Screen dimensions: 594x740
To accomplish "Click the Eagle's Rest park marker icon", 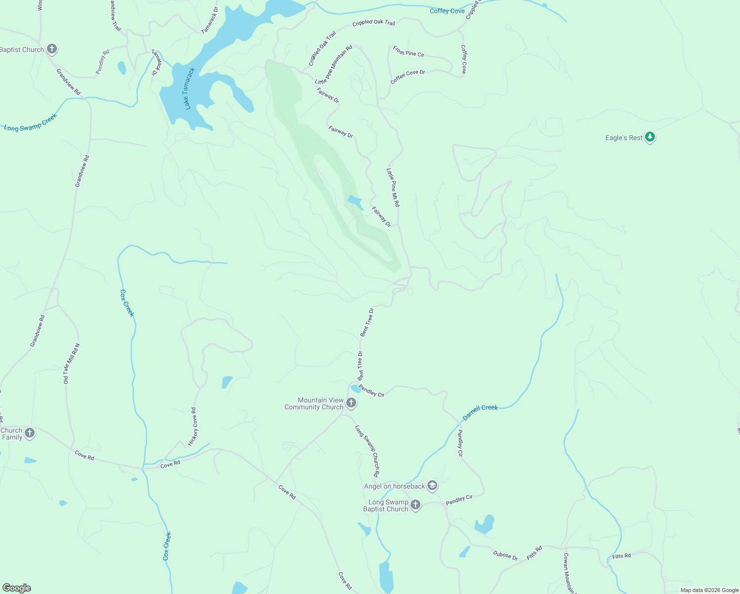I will (x=650, y=137).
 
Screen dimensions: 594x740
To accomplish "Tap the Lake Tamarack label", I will (x=188, y=89).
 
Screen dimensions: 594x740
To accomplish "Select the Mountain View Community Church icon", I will (x=351, y=403).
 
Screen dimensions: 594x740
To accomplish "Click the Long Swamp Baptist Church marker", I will (x=416, y=505).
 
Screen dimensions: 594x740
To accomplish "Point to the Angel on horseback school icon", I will (x=432, y=486).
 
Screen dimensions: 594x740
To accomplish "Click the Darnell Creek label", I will (x=480, y=411).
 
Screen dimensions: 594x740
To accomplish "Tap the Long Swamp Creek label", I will (x=31, y=122).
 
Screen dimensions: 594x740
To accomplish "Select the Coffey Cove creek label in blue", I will (x=447, y=11).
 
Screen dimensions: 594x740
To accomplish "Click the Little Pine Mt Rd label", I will (x=393, y=187).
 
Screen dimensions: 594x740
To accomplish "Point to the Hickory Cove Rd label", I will (x=193, y=426).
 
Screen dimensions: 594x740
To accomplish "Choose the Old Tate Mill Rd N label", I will (x=71, y=364).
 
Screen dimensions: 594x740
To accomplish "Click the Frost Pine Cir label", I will (x=409, y=51).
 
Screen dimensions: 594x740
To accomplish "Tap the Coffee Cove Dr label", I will (x=408, y=76).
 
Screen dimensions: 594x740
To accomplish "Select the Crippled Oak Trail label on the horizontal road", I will (x=373, y=23).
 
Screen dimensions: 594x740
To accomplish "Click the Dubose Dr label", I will (x=505, y=555).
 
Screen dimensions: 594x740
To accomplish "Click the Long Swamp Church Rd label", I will (x=367, y=450).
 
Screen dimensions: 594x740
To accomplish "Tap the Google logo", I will (x=17, y=588).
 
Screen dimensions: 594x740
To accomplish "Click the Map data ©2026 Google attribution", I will (x=709, y=590).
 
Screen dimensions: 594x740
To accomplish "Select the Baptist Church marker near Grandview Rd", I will (x=52, y=49).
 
